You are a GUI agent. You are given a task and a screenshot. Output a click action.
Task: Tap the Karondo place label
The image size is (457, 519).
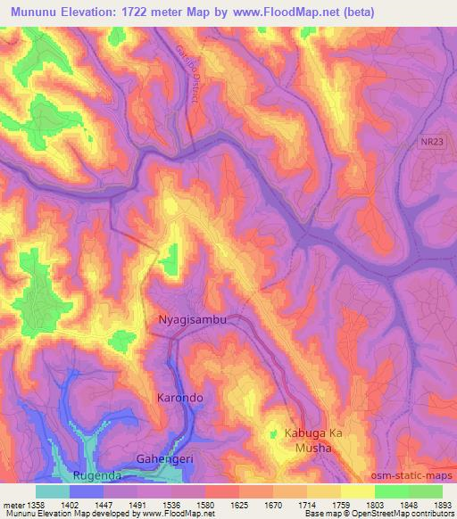tap(180, 397)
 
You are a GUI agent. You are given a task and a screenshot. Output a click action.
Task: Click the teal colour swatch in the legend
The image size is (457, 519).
tap(53, 491)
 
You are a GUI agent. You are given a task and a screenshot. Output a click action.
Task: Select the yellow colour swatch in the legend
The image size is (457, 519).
tap(357, 491)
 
